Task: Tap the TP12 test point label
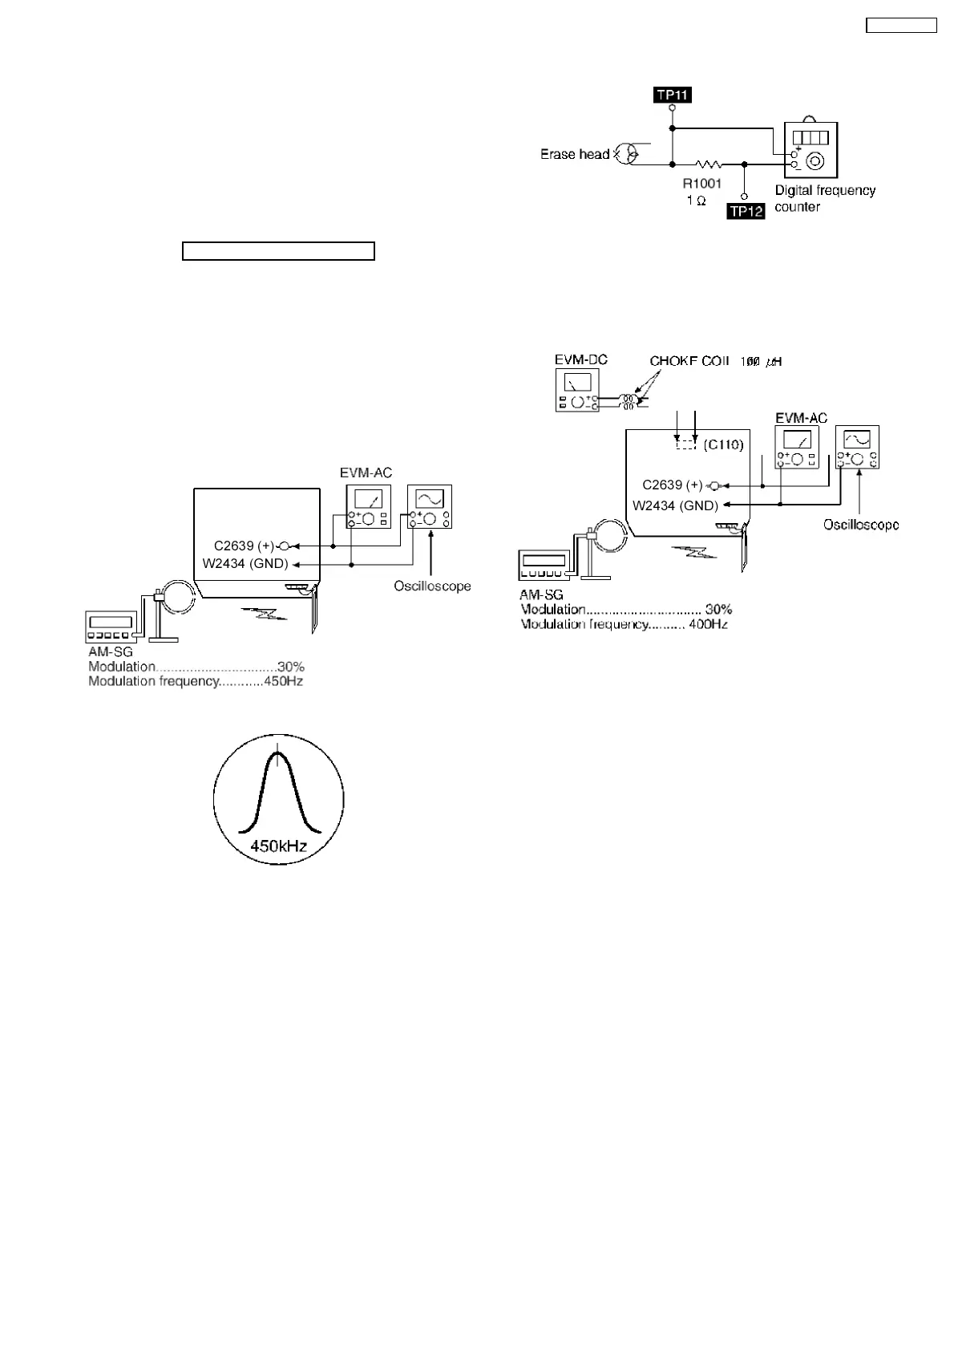pos(746,212)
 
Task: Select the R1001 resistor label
pos(701,184)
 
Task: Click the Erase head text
pos(574,154)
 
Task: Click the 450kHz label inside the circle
pos(278,846)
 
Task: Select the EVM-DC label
pos(580,359)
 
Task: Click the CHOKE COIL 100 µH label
pos(716,362)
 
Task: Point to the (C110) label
pos(723,444)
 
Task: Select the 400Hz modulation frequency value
pos(708,624)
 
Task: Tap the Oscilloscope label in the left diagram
pos(432,586)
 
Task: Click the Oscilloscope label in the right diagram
pos(861,525)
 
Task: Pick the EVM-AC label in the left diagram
pos(366,473)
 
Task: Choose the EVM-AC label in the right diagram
pos(801,418)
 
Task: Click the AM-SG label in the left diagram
pos(111,652)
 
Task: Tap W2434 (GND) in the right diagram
pos(675,505)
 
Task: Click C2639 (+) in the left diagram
pos(244,546)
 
